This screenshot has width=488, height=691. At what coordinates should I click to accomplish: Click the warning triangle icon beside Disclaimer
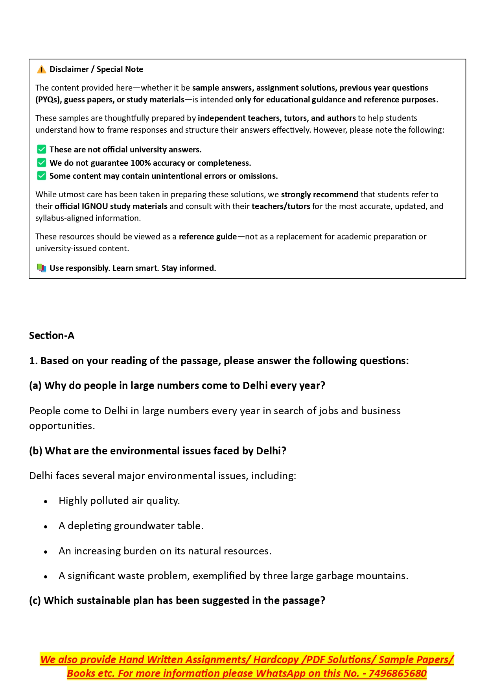(41, 70)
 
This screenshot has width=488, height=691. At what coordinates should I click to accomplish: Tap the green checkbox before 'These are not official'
(41, 149)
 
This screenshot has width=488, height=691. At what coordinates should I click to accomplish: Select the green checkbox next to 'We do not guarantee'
(41, 163)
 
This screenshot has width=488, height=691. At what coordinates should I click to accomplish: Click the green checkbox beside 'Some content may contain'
(41, 176)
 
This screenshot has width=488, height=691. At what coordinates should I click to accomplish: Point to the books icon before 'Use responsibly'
(41, 268)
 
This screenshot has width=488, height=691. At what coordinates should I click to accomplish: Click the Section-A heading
(52, 335)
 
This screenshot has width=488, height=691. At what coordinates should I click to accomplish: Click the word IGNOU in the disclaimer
(94, 206)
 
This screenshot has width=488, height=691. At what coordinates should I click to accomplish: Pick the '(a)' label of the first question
(35, 385)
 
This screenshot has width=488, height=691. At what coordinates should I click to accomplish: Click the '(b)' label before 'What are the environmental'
(36, 451)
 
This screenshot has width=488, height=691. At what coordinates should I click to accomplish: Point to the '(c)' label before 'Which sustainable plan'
(35, 600)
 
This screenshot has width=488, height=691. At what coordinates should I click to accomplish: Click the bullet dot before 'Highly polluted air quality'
(46, 502)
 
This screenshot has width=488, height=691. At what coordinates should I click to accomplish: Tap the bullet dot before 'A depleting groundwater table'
(46, 527)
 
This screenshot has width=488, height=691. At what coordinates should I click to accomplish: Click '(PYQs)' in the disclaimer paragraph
(48, 100)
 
